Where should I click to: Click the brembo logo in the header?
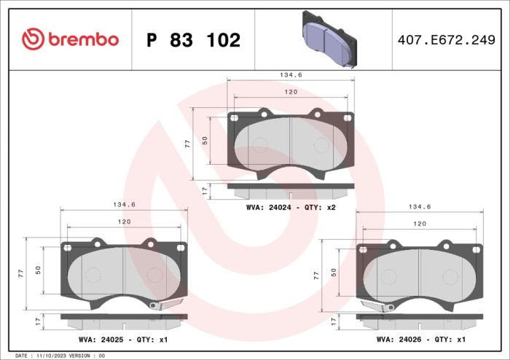(x=70, y=39)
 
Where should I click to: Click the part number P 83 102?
(x=193, y=41)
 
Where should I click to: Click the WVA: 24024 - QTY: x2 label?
(x=291, y=208)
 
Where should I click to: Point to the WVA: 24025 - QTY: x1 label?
(x=123, y=340)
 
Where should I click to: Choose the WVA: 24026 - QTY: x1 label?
(x=421, y=340)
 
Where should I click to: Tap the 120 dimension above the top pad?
(x=291, y=93)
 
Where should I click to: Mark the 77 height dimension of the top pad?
(x=187, y=144)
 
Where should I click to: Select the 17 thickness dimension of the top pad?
(x=204, y=191)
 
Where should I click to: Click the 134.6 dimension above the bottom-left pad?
(x=123, y=205)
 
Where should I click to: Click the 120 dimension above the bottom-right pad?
(x=420, y=224)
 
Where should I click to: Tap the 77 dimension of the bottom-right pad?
(x=316, y=275)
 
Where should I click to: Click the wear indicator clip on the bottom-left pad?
(x=165, y=304)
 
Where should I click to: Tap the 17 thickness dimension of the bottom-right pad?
(x=333, y=321)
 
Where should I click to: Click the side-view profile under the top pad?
(x=291, y=191)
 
